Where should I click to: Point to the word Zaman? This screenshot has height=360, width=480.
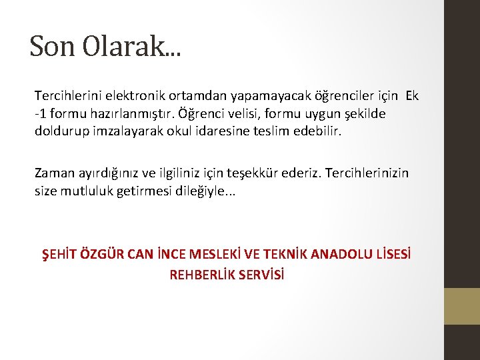click(x=53, y=173)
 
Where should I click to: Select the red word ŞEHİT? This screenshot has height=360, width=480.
click(x=59, y=255)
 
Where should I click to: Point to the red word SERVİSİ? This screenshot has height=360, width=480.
click(x=261, y=275)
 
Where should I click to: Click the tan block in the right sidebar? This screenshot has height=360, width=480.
click(x=462, y=306)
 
